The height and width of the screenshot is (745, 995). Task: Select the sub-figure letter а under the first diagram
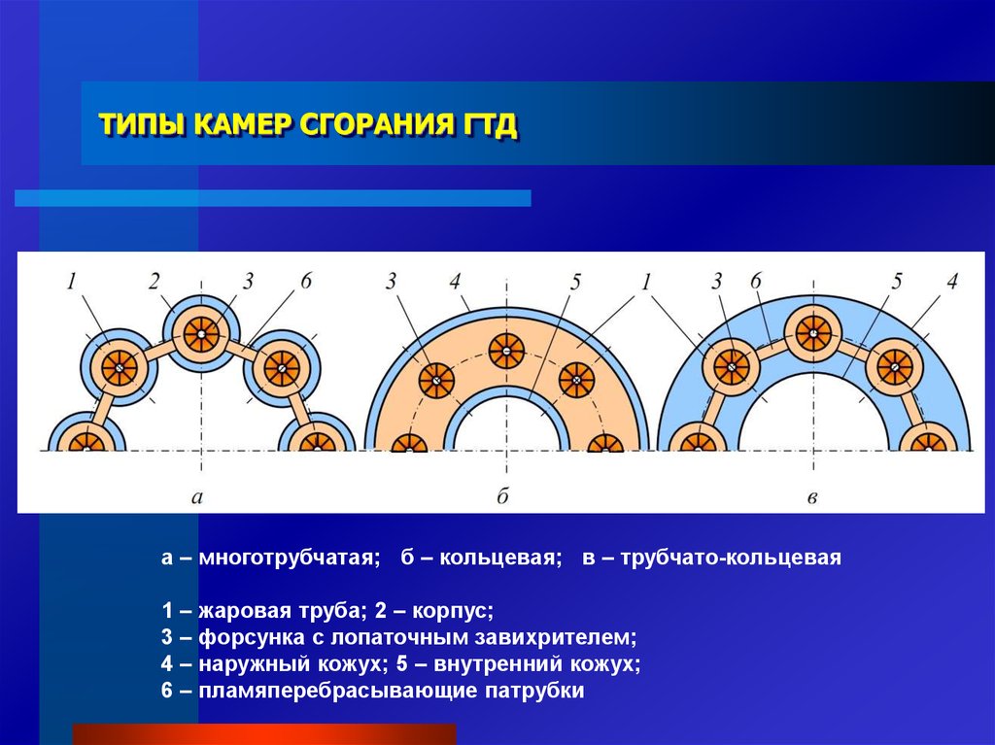(196, 495)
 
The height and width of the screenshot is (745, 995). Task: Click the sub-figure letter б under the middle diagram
(502, 494)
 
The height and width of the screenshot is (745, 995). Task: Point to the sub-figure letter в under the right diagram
(812, 497)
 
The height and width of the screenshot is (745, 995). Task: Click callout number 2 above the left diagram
(154, 281)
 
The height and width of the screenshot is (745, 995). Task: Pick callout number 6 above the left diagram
(306, 281)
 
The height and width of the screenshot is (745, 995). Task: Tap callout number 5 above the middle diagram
(575, 281)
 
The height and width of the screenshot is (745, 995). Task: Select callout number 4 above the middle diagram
(455, 281)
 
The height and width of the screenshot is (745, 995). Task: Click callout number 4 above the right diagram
(952, 281)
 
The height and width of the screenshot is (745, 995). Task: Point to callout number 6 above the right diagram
(755, 281)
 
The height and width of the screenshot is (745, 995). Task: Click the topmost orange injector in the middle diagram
(506, 351)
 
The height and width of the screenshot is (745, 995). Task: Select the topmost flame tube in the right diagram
(813, 333)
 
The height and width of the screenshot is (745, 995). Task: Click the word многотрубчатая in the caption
(290, 558)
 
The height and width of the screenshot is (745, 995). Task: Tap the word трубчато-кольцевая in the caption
(730, 558)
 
